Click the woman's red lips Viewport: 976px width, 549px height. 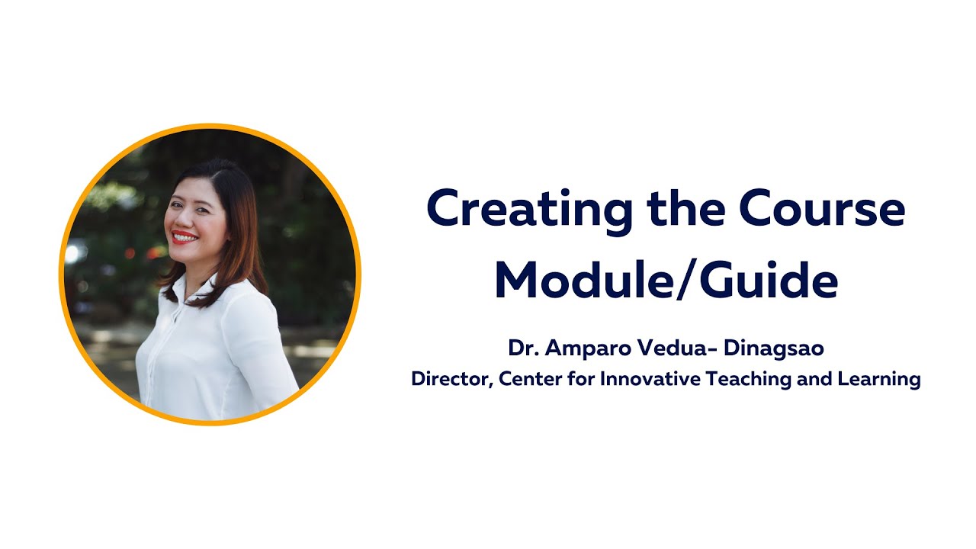[184, 236]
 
